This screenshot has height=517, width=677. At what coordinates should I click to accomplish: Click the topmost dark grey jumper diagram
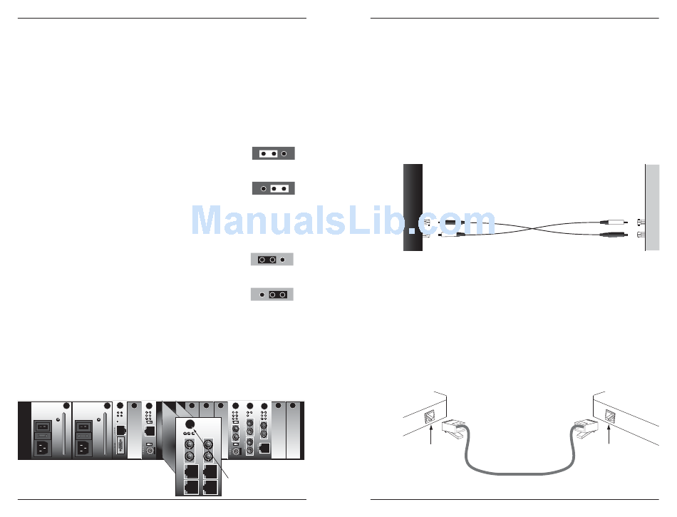(x=273, y=153)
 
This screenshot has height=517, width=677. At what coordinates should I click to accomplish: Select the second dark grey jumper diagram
(x=273, y=189)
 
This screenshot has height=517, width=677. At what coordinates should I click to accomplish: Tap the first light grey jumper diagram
(x=272, y=260)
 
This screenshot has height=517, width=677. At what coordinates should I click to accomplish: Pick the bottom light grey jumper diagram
(x=272, y=294)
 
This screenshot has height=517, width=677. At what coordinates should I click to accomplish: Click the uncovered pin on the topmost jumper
(x=284, y=153)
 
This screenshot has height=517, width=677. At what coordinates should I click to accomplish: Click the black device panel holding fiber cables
(x=413, y=208)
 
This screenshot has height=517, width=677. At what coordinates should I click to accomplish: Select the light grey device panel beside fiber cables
(x=652, y=208)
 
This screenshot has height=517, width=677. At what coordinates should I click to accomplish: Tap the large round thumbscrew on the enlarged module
(x=189, y=421)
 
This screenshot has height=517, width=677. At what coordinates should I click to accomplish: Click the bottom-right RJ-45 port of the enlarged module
(x=211, y=486)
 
